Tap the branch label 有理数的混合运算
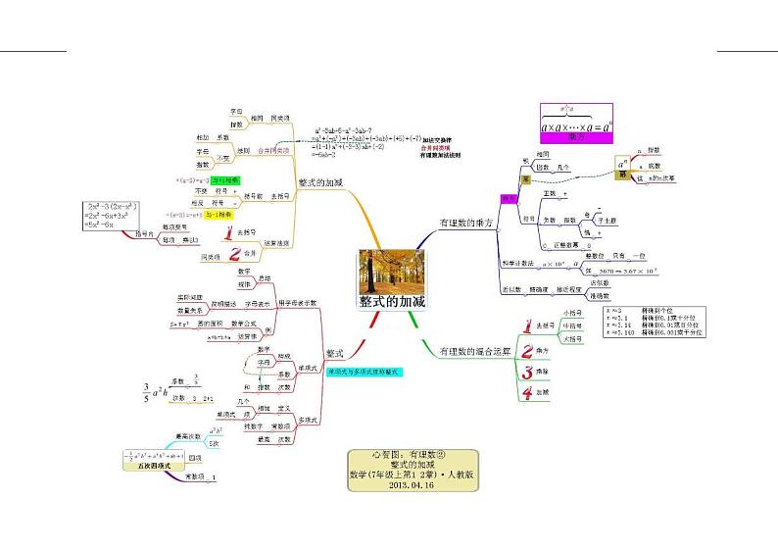coord(474,350)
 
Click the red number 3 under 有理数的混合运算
coord(527,374)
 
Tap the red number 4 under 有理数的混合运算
coord(526,393)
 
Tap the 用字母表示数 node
coord(299,303)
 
